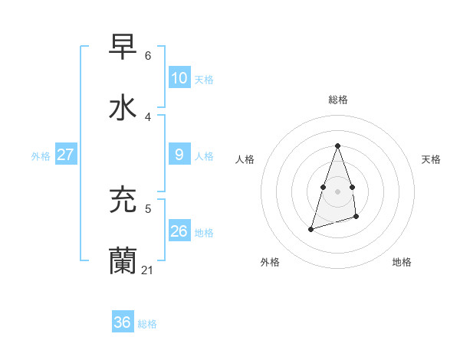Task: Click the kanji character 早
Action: tap(123, 47)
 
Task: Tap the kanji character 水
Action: tap(123, 108)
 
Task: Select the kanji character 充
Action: tap(123, 200)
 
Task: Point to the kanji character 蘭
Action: tap(123, 261)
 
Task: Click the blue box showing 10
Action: tap(179, 78)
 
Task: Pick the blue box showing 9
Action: tap(179, 155)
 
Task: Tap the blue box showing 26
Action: tap(179, 231)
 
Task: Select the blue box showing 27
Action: tap(65, 155)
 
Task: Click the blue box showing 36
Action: tap(122, 322)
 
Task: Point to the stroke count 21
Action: tap(148, 270)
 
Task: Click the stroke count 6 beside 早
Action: tap(148, 56)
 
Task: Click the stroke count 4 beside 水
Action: tap(148, 117)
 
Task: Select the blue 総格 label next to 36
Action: tap(147, 324)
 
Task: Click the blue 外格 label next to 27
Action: tap(41, 156)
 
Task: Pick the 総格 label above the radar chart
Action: tap(338, 100)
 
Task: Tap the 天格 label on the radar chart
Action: tap(431, 159)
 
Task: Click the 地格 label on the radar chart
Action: tap(402, 262)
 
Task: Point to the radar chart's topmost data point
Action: tap(337, 146)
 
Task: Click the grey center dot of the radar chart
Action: tap(337, 191)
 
